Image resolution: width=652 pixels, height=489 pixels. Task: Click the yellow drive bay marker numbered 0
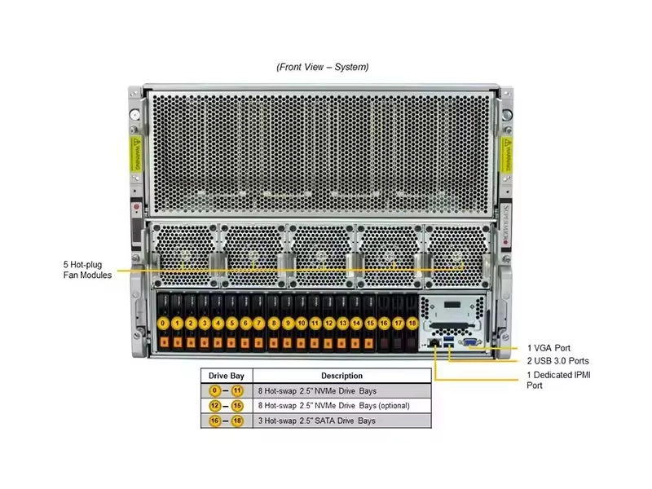coord(164,324)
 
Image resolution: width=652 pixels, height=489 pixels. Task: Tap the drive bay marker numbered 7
coord(260,324)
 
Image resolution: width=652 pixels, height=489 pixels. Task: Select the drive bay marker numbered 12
coord(329,324)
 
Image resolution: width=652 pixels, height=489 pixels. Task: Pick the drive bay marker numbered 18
coord(412,324)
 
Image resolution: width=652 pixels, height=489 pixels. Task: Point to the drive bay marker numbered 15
coord(370,324)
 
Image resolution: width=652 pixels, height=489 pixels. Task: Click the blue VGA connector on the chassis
coord(469,344)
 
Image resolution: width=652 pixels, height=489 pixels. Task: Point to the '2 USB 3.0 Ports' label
coord(557,361)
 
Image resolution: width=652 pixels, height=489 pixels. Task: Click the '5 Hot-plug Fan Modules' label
coord(88,269)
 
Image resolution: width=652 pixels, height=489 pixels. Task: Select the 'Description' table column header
coord(341,376)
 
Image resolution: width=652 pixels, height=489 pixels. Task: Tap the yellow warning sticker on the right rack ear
coord(507,152)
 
